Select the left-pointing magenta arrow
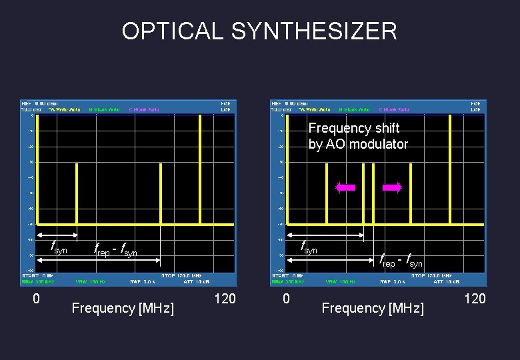click(346, 188)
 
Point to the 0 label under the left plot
click(37, 299)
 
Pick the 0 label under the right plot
click(286, 299)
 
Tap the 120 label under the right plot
click(475, 299)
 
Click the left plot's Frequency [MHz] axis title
click(123, 308)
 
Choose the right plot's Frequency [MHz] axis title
click(373, 308)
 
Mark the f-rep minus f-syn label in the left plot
click(117, 251)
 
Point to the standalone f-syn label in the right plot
click(309, 248)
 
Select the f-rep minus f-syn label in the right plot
click(401, 261)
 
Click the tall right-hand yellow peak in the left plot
click(200, 170)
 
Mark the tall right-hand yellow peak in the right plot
click(451, 170)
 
